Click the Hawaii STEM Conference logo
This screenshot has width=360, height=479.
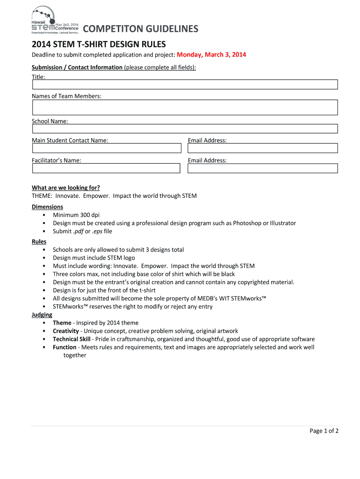coord(55,21)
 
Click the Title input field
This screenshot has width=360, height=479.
coord(185,85)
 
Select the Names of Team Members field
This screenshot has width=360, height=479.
coord(185,108)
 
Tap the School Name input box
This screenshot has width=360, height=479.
coord(185,129)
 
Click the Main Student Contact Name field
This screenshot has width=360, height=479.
coord(106,148)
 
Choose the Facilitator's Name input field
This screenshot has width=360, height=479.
coord(106,168)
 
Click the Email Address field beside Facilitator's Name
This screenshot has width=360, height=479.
coord(262,168)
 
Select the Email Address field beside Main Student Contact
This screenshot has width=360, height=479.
coord(262,148)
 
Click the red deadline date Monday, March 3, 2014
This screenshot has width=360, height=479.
coord(211,55)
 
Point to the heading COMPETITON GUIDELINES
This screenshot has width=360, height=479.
coord(141,29)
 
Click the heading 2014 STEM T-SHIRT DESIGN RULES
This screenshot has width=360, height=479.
coord(99,44)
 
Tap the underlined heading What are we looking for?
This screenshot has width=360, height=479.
coord(66,188)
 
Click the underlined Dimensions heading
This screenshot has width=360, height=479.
coord(47,207)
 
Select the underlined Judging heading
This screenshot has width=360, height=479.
coord(42,315)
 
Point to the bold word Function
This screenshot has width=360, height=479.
coord(65,347)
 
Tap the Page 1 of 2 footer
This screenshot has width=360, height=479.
coord(324,431)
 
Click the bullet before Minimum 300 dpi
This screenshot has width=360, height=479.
coord(43,215)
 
